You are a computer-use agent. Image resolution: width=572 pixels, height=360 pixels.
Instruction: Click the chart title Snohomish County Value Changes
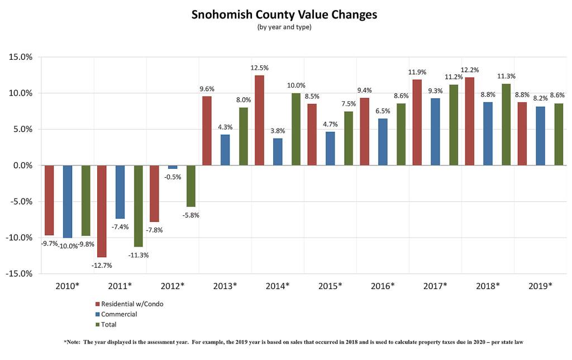(284, 15)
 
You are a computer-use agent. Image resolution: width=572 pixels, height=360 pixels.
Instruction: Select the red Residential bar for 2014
(259, 120)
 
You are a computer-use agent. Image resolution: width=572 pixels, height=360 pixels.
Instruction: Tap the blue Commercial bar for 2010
(68, 201)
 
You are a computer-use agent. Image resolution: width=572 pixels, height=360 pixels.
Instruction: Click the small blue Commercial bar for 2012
(173, 167)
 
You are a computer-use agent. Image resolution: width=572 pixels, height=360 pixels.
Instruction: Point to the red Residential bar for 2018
(469, 121)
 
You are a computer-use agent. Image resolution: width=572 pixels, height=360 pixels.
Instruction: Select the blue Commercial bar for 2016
(383, 142)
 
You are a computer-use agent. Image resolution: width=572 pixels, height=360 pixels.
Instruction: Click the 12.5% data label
(259, 68)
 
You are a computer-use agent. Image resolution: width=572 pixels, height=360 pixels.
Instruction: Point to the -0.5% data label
(173, 177)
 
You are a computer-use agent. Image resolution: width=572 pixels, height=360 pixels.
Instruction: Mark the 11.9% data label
(417, 72)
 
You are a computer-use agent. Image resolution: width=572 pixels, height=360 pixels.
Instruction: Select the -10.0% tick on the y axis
(20, 238)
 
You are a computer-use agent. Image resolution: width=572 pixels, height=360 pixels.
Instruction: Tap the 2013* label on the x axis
(225, 286)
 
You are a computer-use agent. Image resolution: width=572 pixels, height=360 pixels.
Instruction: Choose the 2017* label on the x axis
(435, 286)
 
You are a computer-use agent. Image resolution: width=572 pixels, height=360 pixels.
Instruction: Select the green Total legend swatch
(97, 324)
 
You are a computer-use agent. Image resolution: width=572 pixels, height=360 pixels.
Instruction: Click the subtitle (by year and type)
(284, 27)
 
